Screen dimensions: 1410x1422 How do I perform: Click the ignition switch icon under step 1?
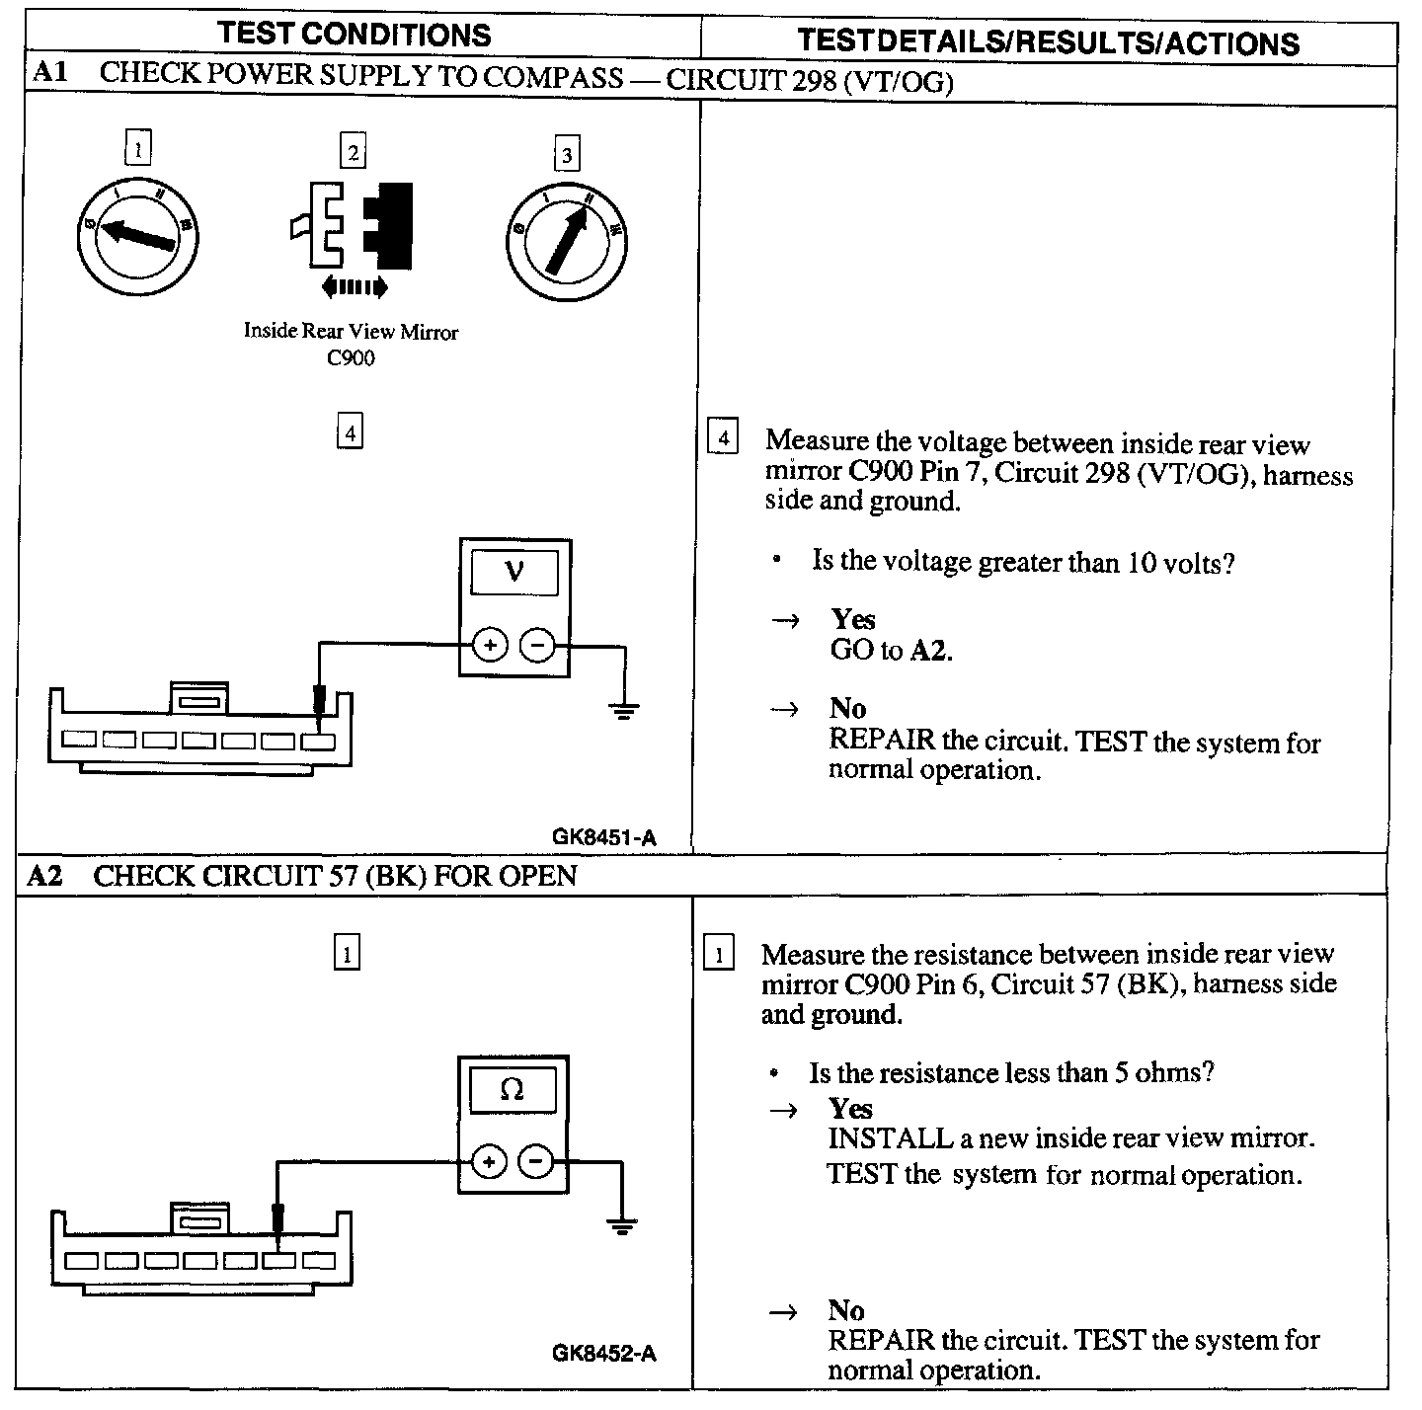pyautogui.click(x=139, y=233)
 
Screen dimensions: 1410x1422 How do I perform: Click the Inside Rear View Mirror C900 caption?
pyautogui.click(x=351, y=344)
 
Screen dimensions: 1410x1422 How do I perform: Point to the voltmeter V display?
pyautogui.click(x=513, y=572)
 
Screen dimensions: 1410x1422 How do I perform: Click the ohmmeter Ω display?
pyautogui.click(x=513, y=1089)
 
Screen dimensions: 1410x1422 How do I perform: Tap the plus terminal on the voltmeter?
pyautogui.click(x=490, y=646)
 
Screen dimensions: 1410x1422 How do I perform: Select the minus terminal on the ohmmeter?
pyautogui.click(x=536, y=1161)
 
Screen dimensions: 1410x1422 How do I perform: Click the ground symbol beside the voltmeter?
pyautogui.click(x=623, y=710)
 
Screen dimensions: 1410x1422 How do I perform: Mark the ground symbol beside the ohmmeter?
pyautogui.click(x=621, y=1227)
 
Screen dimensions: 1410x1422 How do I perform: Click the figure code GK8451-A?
pyautogui.click(x=603, y=837)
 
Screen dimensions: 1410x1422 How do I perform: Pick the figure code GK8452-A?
pyautogui.click(x=603, y=1353)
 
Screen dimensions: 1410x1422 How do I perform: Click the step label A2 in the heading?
pyautogui.click(x=44, y=876)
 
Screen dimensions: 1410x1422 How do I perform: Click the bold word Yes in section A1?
pyautogui.click(x=852, y=619)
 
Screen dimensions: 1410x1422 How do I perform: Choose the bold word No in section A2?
pyautogui.click(x=846, y=1310)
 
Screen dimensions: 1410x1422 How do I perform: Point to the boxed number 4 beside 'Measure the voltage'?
pyautogui.click(x=724, y=437)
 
